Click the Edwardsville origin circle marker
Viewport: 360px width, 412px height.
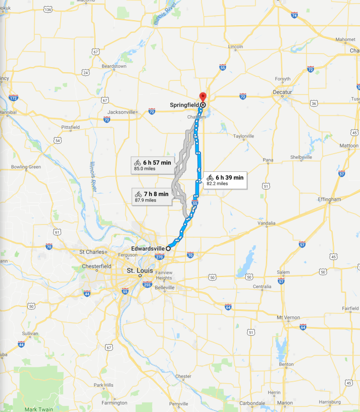tap(168, 248)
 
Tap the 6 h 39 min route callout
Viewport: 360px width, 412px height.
tap(225, 180)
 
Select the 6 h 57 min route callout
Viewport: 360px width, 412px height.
tap(152, 165)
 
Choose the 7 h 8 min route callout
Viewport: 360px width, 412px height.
tap(153, 197)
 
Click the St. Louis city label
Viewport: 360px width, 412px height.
tap(137, 271)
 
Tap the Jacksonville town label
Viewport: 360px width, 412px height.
tap(122, 112)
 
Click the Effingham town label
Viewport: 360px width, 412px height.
tap(329, 200)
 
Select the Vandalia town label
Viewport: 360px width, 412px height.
tap(267, 223)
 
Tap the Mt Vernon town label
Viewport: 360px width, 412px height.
tap(288, 317)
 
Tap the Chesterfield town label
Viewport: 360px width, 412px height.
tap(98, 266)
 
